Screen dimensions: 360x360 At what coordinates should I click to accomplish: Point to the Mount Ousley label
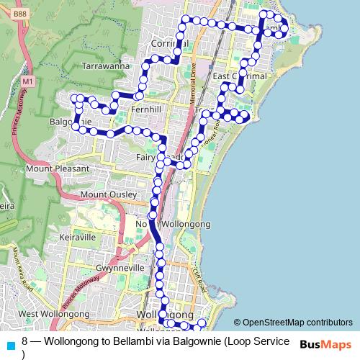pos(107,194)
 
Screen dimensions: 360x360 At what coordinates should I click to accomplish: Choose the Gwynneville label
pos(120,266)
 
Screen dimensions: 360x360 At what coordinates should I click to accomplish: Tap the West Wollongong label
pos(49,314)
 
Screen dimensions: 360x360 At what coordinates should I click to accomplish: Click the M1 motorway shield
pos(27,83)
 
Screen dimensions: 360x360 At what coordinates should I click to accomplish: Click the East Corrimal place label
pos(239,76)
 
